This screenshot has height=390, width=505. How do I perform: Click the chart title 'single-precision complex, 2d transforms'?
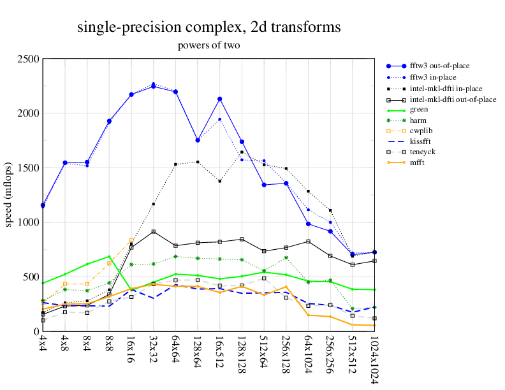coord(209,27)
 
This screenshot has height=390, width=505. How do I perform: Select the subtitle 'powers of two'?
coord(209,45)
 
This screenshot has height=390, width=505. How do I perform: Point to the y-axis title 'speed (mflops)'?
coord(10,195)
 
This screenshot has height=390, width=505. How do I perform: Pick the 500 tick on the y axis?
coord(30,277)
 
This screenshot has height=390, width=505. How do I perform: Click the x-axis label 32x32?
coord(154,350)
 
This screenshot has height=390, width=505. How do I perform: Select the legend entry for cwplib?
coord(421,130)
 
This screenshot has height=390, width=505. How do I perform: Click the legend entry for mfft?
coord(418,162)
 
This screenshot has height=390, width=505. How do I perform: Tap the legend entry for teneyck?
coord(423,152)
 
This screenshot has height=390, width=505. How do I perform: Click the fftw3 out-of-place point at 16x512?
coord(220,99)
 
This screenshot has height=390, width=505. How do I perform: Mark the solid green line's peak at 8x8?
coord(109,256)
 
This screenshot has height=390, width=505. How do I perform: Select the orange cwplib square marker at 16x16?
coord(131,240)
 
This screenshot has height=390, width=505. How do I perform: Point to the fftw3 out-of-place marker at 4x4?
coord(43,205)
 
